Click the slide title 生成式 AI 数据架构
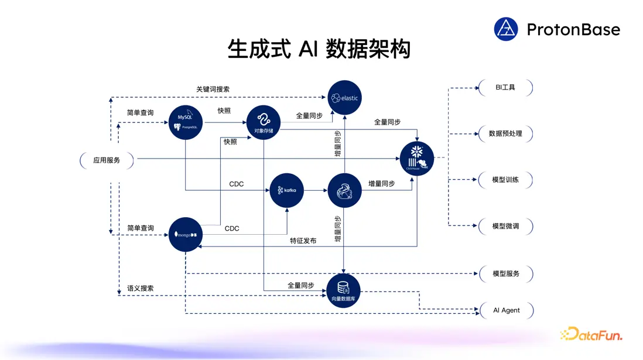coord(319,49)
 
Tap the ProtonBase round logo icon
coord(506,29)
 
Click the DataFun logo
coord(591,334)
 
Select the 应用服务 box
coord(107,160)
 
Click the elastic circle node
coord(344,98)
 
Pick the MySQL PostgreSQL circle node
coord(186,122)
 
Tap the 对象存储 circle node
coord(264,122)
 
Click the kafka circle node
coord(287,190)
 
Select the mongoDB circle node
coord(186,234)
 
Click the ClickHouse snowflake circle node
coord(417,159)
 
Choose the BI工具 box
coord(505,88)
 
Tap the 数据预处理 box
coord(505,133)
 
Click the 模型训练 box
coord(505,180)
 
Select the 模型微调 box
coord(505,226)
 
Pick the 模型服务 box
coord(505,273)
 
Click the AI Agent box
coord(506,310)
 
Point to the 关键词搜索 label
coord(213,90)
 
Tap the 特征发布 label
coord(303,241)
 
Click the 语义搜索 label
coord(141,289)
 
